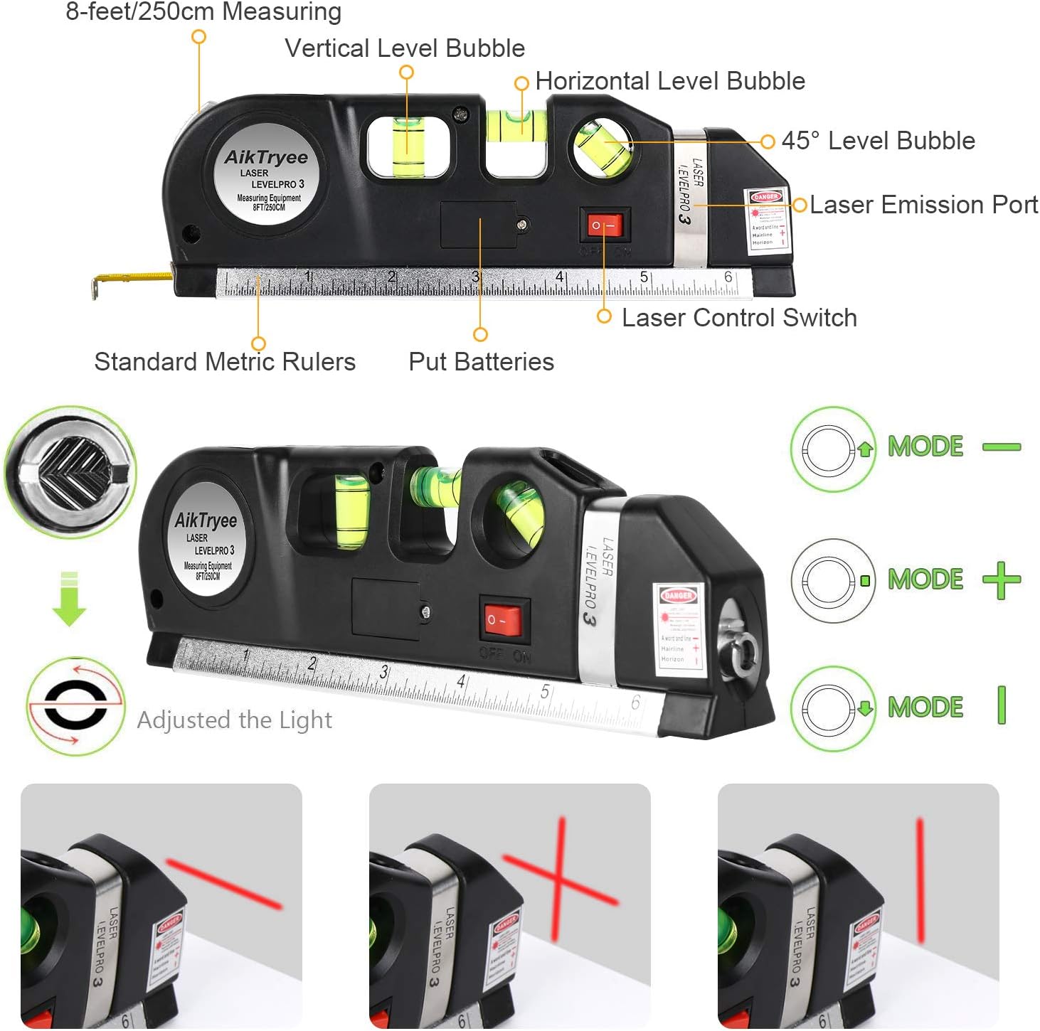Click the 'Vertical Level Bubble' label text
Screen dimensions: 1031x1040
click(x=405, y=48)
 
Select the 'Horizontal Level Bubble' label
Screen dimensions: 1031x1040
click(x=669, y=81)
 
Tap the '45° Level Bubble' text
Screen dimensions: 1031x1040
click(x=878, y=141)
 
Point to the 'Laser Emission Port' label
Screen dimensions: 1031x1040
click(x=923, y=205)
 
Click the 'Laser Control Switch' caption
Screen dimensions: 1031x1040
click(x=739, y=318)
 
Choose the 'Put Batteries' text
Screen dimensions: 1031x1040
click(x=481, y=362)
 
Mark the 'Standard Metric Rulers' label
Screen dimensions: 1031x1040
click(x=225, y=362)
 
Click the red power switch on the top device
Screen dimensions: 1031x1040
click(x=605, y=225)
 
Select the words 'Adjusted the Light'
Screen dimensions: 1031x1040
click(x=234, y=720)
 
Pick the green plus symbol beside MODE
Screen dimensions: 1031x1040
click(x=1002, y=580)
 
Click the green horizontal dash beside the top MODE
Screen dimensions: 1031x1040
click(x=1002, y=447)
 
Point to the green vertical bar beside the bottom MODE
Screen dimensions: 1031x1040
click(x=1002, y=705)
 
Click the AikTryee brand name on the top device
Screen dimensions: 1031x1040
click(x=266, y=157)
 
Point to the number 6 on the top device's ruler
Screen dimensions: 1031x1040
click(x=728, y=277)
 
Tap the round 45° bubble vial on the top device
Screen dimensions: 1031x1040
click(x=603, y=148)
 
